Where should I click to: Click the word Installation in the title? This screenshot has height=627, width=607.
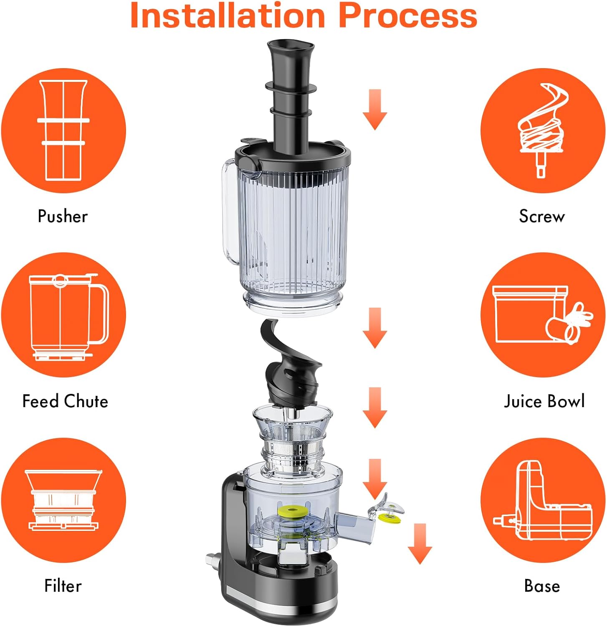click(228, 15)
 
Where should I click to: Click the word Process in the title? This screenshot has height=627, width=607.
click(407, 15)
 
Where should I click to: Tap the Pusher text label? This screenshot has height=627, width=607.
click(63, 216)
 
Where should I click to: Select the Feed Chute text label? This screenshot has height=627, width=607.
click(65, 401)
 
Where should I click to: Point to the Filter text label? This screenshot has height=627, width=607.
click(63, 586)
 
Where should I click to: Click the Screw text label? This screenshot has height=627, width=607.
click(542, 216)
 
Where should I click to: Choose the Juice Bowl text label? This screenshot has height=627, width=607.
click(544, 401)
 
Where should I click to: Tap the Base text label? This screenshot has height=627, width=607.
click(542, 586)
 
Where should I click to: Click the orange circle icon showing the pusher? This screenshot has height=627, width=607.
click(63, 130)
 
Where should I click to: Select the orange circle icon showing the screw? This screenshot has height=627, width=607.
click(543, 130)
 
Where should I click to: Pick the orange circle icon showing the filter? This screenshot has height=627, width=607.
click(63, 500)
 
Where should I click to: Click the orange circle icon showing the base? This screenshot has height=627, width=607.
click(543, 500)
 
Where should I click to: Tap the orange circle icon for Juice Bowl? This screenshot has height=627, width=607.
click(543, 315)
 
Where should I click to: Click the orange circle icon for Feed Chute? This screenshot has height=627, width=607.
click(63, 315)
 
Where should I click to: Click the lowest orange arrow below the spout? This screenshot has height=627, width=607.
click(420, 543)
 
